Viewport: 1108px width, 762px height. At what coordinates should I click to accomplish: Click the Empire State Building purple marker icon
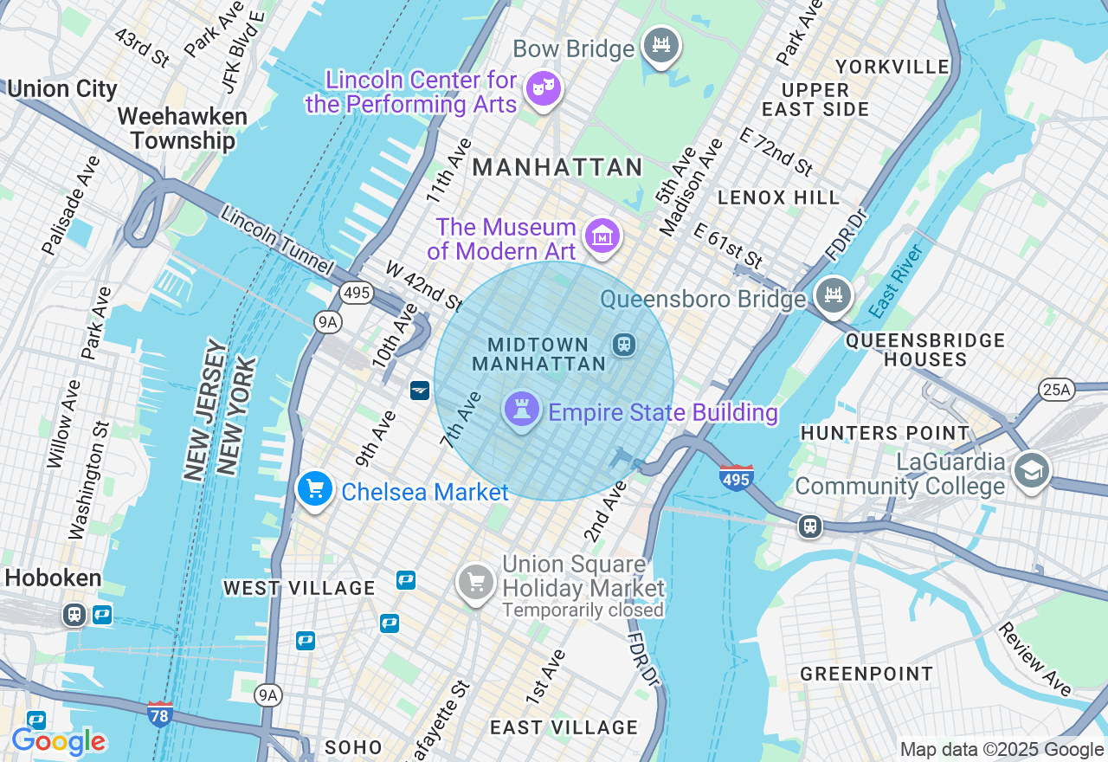pyautogui.click(x=522, y=410)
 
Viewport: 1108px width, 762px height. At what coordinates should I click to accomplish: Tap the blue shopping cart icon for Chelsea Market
pyautogui.click(x=315, y=489)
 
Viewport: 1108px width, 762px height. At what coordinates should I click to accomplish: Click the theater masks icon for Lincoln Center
pyautogui.click(x=544, y=89)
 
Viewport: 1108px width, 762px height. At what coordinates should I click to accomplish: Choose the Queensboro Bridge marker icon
pyautogui.click(x=833, y=294)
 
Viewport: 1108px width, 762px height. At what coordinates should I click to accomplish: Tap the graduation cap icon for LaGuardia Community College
pyautogui.click(x=1031, y=470)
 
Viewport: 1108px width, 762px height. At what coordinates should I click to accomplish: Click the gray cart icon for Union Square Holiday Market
pyautogui.click(x=475, y=583)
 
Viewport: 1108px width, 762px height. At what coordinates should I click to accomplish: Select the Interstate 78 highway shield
pyautogui.click(x=160, y=714)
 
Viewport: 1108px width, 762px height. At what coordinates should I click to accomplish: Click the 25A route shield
pyautogui.click(x=1056, y=391)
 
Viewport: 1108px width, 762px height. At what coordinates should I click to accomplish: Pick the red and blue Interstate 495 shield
pyautogui.click(x=736, y=477)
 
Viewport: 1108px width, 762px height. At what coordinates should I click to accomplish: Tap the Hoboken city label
pyautogui.click(x=53, y=578)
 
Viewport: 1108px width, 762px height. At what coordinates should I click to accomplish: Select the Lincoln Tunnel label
pyautogui.click(x=276, y=241)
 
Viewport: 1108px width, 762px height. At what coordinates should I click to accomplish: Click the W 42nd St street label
pyautogui.click(x=424, y=286)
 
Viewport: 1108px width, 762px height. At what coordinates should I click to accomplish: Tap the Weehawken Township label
pyautogui.click(x=183, y=128)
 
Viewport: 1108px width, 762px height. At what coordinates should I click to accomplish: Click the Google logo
pyautogui.click(x=59, y=741)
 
